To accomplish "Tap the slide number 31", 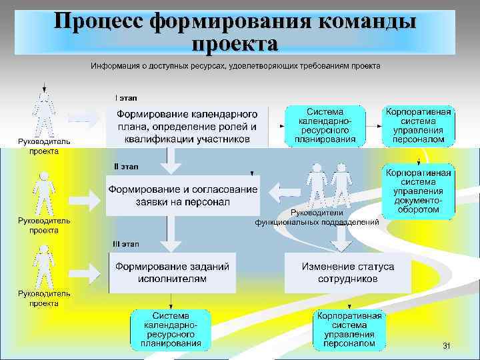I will tap(447, 345).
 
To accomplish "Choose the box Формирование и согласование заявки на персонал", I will tap(183, 195).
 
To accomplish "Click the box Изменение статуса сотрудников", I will tap(347, 273).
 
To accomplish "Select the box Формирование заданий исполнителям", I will tap(172, 273).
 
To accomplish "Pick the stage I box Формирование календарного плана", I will tap(187, 125).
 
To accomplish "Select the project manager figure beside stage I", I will tap(44, 115).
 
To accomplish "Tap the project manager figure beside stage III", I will tap(44, 267).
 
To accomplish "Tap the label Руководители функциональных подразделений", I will tap(317, 217).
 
